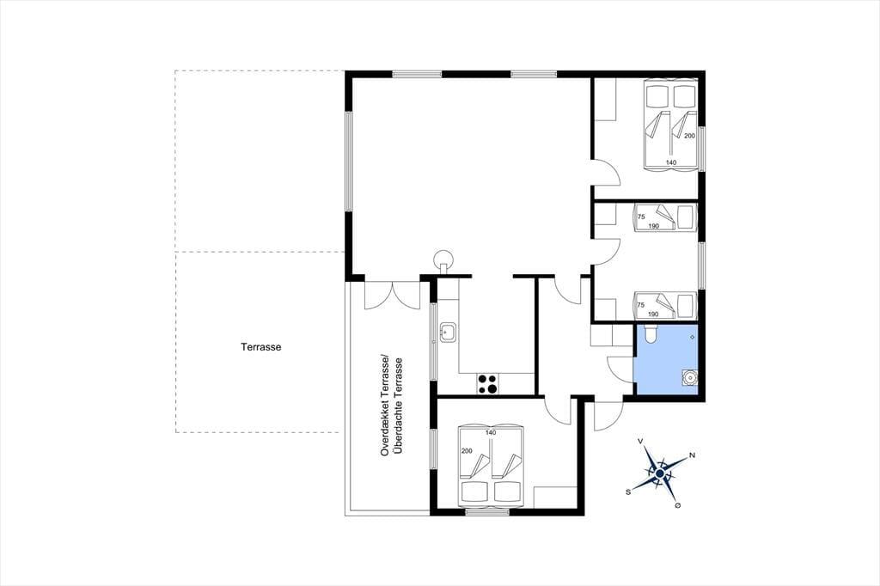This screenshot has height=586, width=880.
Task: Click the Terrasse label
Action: click(x=261, y=347)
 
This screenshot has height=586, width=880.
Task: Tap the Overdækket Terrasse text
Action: click(x=385, y=406)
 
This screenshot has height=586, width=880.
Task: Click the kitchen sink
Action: click(x=448, y=333)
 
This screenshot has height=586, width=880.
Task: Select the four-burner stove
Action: click(x=487, y=384)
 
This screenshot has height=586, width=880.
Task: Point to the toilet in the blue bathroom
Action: click(x=650, y=334)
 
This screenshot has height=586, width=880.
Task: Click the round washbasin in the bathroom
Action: click(x=689, y=378)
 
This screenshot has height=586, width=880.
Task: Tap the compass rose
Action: click(x=660, y=475)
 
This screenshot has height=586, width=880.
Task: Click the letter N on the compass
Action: click(x=692, y=455)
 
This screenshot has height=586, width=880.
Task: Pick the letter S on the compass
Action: click(x=628, y=492)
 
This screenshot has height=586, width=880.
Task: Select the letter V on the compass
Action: click(x=640, y=442)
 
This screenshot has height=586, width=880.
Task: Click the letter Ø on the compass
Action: click(x=678, y=506)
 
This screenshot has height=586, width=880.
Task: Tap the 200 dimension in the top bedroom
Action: click(x=689, y=136)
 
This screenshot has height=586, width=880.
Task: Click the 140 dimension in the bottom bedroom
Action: click(x=491, y=433)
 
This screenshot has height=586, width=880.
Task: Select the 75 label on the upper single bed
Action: click(x=641, y=217)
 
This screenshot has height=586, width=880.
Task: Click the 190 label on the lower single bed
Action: click(x=653, y=314)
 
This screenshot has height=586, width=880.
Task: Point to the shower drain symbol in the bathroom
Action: click(x=693, y=337)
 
